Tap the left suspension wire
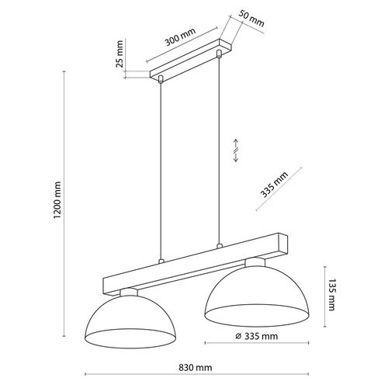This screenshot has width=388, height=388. (x=160, y=171)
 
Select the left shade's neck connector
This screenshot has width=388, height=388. (x=130, y=293)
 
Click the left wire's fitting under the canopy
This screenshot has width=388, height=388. (x=160, y=78)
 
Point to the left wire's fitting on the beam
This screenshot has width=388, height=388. (x=160, y=262)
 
